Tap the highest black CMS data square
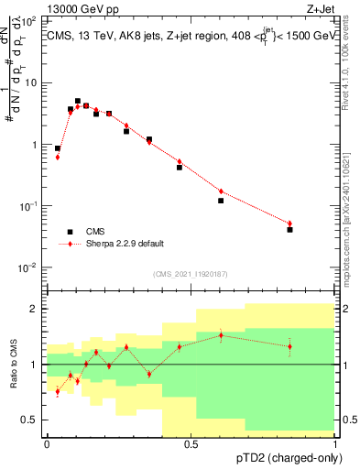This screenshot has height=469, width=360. click(78, 102)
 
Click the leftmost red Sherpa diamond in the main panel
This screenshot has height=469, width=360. click(58, 157)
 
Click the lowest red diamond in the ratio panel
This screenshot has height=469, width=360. click(58, 392)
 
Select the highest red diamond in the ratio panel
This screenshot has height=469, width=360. click(221, 335)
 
